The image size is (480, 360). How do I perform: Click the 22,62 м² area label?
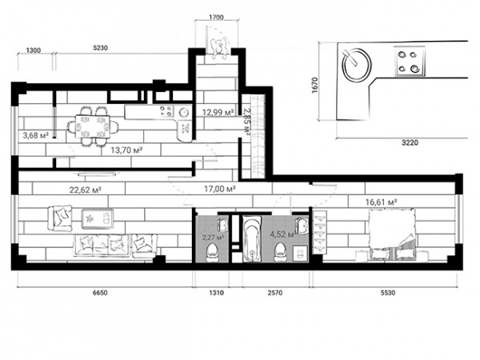pos(86,190)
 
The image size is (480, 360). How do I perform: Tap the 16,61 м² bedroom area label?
pos(382,202)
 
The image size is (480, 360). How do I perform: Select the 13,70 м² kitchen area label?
pos(126,150)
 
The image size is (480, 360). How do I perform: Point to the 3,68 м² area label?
pos(36,135)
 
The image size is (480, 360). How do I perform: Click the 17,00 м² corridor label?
pos(220,189)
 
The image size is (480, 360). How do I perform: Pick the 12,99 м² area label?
pos(218,112)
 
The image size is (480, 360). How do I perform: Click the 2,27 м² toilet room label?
pos(213,237)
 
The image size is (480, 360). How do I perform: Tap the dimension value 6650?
pos(100,293)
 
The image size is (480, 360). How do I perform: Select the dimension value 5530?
pos(388,293)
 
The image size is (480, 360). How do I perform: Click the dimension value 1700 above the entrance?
pos(216,18)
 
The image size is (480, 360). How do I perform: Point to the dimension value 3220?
pos(410,142)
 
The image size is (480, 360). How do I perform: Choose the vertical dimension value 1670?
pos(315,86)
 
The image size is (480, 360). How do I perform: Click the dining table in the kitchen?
pos(93,126)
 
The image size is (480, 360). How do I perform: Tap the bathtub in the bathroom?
pos(252,238)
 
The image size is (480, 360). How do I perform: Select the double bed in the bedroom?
pos(392,234)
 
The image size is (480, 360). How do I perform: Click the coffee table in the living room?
pos(98,218)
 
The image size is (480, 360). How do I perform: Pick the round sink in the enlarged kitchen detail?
pos(356,66)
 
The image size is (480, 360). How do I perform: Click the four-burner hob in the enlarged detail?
pos(410,61)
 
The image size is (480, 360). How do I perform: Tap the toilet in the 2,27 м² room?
pos(213,253)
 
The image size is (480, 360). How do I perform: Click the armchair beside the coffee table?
pos(60,218)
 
